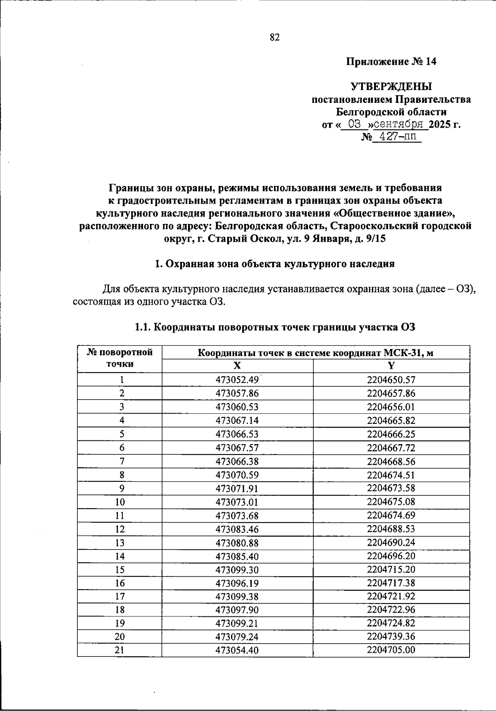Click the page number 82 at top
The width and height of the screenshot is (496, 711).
pos(274,38)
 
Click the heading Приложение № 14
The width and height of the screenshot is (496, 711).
pos(391,62)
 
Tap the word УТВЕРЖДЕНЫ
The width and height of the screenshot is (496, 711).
pos(391,87)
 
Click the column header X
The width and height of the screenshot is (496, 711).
pos(237,366)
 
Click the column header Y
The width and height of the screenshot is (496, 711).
pos(391,366)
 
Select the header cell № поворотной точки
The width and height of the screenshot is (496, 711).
pos(119,358)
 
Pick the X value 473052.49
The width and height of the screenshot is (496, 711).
pos(237,380)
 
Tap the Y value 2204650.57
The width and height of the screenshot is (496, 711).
pos(391,380)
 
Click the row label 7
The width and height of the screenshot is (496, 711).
pos(122,461)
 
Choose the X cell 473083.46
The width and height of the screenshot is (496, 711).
pos(237,529)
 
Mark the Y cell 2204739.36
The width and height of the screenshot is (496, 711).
pos(391,637)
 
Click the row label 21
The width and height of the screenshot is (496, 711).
pos(119,650)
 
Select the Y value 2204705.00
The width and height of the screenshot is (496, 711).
pos(391,650)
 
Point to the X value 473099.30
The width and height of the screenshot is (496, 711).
pos(237,570)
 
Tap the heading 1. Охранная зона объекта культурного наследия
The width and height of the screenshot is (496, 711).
pos(274,264)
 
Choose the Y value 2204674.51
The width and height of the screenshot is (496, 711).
pos(391,475)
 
